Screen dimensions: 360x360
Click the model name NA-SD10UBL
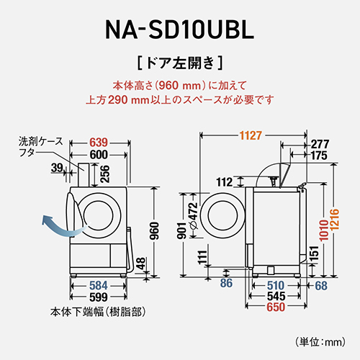[180, 30]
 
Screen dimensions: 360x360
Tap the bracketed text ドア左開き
[179, 61]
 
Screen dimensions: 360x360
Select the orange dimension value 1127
[251, 134]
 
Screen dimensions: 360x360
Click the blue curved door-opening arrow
[57, 225]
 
